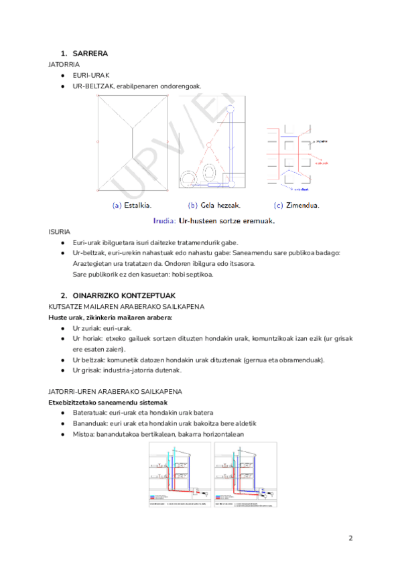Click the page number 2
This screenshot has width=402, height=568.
point(350,538)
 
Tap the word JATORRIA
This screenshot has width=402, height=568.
point(62,64)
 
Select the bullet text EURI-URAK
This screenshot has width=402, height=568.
point(91,75)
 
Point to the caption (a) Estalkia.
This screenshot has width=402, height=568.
point(132,205)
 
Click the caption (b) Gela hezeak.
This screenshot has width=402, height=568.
point(214,205)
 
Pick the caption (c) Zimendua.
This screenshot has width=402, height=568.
point(297,205)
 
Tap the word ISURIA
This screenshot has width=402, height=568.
point(59,231)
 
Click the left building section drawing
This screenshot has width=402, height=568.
point(180,475)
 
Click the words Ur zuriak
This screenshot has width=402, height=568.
point(87,328)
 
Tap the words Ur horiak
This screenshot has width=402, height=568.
point(87,339)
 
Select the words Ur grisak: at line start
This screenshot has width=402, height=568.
point(88,370)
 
